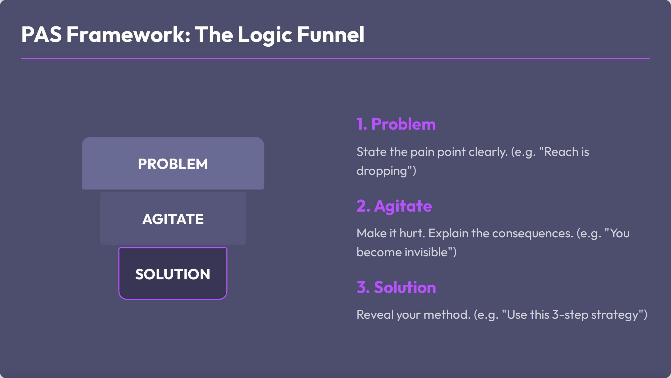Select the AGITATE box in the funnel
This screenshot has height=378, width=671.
tap(173, 219)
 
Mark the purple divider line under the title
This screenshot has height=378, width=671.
tap(335, 58)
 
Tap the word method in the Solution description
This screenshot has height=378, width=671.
tap(445, 315)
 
